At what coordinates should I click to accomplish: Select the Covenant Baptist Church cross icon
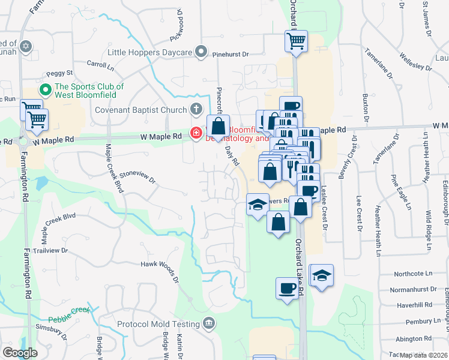coord(195,110)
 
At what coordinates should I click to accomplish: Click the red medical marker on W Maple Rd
coord(196,133)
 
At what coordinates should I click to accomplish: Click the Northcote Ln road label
coord(413,274)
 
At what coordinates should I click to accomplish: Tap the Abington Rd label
coord(414,338)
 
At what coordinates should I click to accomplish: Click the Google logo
coord(20,353)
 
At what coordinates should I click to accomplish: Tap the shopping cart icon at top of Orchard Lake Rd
coord(296,41)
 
